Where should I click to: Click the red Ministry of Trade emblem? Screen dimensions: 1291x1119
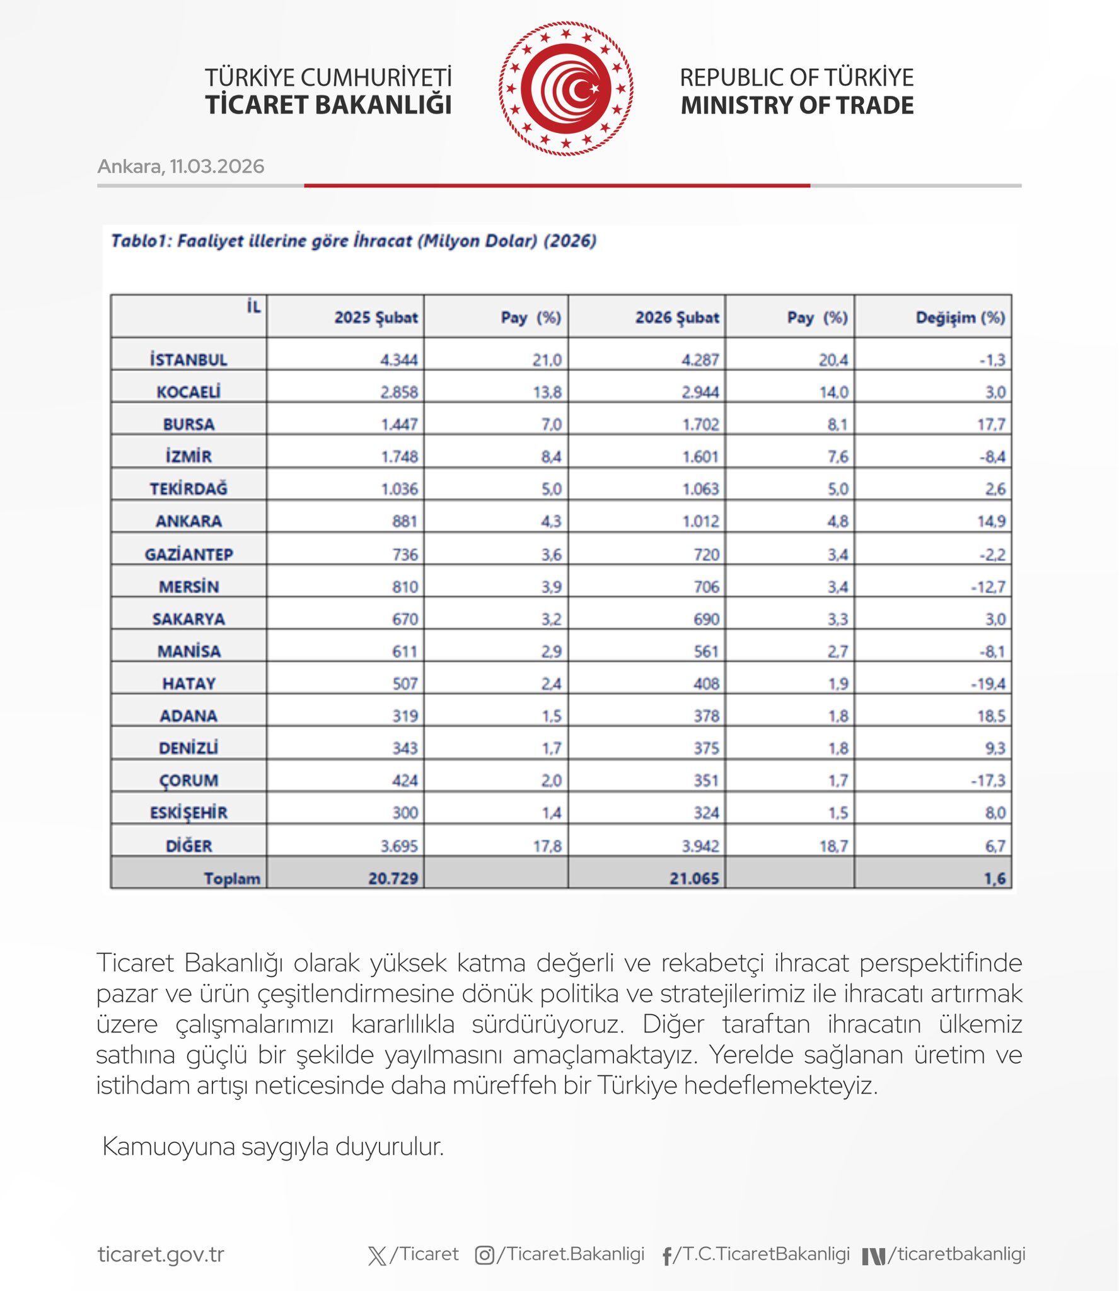[x=565, y=89]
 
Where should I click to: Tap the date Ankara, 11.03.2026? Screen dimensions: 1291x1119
[x=181, y=166]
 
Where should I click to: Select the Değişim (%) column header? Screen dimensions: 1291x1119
[x=960, y=318]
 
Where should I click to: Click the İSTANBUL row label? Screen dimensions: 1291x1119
[x=188, y=360]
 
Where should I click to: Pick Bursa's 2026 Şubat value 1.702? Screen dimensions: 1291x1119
[x=700, y=424]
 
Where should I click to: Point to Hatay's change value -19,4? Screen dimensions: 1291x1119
[x=988, y=683]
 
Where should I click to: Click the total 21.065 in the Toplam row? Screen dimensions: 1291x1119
[x=693, y=878]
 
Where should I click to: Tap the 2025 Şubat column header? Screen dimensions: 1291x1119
[x=376, y=318]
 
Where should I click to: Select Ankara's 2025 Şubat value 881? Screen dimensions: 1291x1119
[x=405, y=521]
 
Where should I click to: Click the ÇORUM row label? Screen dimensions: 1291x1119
[x=188, y=780]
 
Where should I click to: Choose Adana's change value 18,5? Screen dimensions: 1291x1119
[x=991, y=716]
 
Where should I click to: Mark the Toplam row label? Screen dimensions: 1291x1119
[x=231, y=878]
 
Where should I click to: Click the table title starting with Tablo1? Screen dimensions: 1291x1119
[x=354, y=241]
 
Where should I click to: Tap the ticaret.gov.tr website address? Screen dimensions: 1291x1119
[x=161, y=1254]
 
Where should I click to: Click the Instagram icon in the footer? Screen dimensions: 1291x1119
[x=484, y=1255]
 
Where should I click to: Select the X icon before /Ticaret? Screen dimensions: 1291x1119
[x=377, y=1256]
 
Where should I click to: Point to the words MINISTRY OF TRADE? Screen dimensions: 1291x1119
[x=797, y=105]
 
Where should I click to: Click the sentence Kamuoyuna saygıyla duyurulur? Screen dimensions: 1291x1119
[x=273, y=1147]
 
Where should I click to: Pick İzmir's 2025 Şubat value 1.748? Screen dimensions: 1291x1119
[x=399, y=456]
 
